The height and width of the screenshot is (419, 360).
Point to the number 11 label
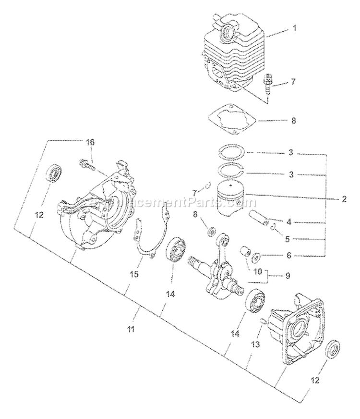pos(131,329)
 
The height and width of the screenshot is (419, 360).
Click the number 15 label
pos(135,274)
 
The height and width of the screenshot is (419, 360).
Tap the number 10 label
pos(257,271)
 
